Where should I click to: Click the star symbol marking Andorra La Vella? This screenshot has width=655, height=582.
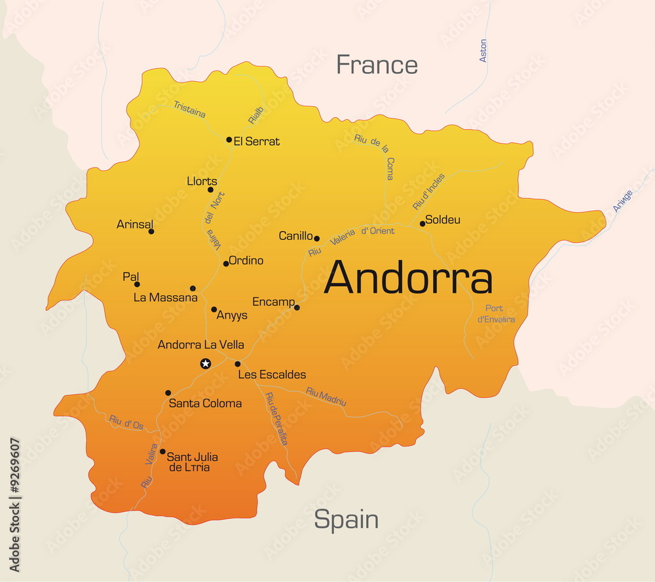(x=206, y=363)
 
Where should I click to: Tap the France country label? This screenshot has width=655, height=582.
(x=377, y=65)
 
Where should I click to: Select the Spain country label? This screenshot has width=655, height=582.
(x=346, y=519)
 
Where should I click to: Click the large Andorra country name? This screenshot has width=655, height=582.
(x=407, y=278)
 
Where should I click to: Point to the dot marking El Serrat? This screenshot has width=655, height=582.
(x=229, y=139)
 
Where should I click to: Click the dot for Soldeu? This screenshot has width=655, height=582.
(x=422, y=223)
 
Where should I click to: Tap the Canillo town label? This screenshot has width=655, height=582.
(x=295, y=236)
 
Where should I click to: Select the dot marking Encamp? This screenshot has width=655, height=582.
(x=297, y=307)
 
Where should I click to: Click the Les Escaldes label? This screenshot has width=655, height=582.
(x=272, y=374)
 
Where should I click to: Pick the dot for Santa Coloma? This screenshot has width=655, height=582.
(x=168, y=393)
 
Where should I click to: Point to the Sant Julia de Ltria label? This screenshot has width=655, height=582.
(x=193, y=462)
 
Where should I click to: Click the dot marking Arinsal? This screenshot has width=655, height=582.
(x=151, y=231)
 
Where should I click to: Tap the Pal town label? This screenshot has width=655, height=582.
(x=131, y=277)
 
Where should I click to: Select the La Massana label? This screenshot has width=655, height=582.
(x=165, y=298)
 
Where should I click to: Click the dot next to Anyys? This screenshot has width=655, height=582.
(x=214, y=309)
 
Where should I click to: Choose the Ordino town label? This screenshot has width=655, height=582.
(x=246, y=261)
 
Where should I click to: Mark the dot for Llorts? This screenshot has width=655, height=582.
(x=210, y=190)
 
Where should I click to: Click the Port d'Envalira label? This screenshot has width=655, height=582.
(x=496, y=314)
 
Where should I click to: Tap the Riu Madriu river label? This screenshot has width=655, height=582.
(x=326, y=397)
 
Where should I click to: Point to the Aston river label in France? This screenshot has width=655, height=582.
(x=483, y=51)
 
